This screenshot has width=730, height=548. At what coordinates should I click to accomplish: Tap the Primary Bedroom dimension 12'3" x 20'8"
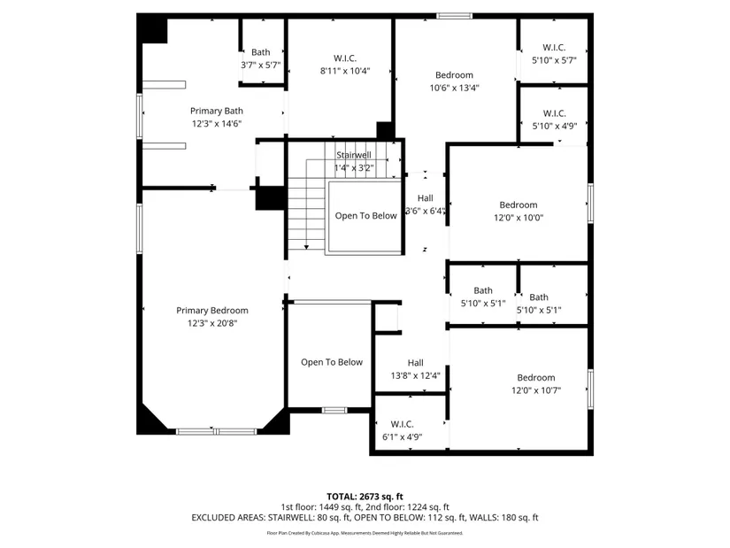(212, 323)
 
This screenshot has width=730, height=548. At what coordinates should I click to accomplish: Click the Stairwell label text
(354, 155)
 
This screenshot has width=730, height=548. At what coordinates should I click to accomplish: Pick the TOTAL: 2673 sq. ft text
(365, 497)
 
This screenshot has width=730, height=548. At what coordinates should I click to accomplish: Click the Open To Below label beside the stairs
(366, 216)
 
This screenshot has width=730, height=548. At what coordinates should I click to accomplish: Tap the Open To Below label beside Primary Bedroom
(332, 362)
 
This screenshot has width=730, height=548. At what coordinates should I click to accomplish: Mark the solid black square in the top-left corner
(152, 28)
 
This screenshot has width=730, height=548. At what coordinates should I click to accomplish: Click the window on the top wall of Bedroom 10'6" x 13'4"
(455, 16)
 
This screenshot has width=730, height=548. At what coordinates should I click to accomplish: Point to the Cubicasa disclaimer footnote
(365, 533)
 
